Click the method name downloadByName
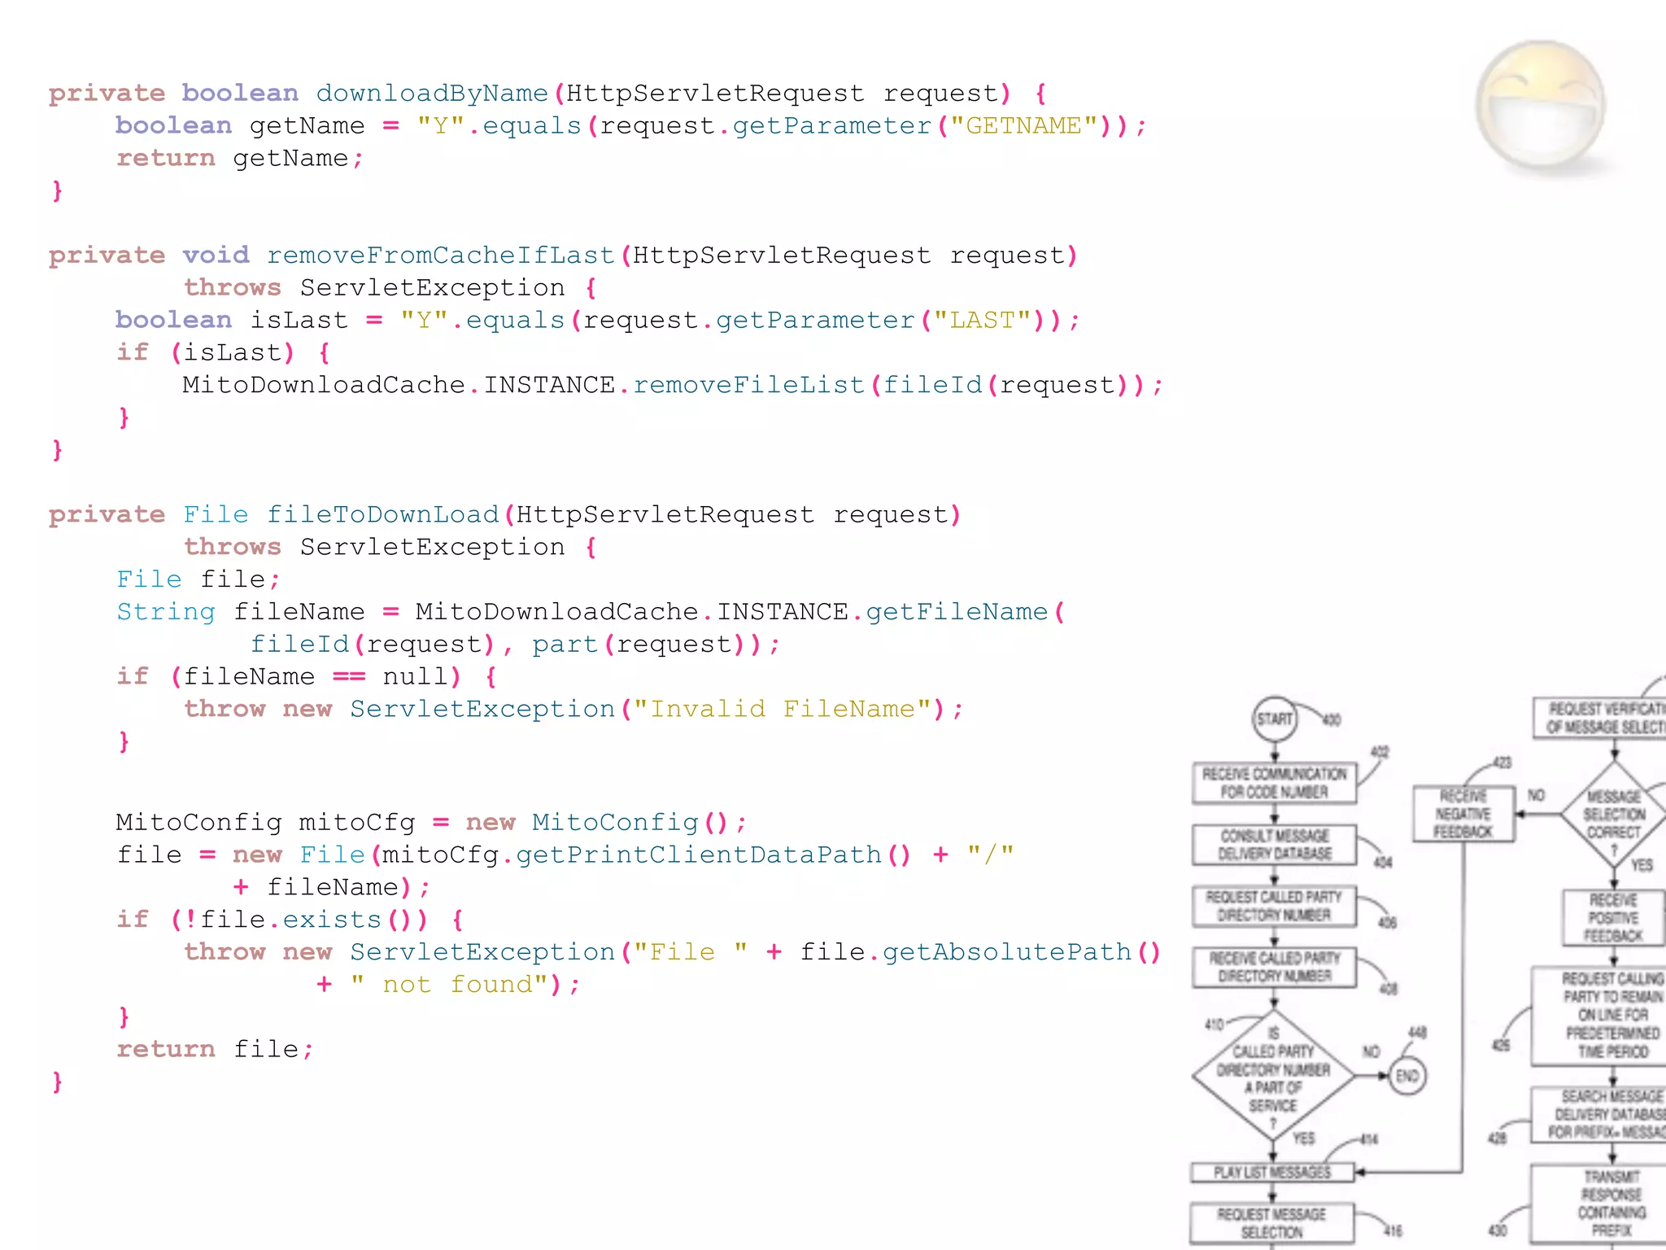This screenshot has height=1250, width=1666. (x=431, y=94)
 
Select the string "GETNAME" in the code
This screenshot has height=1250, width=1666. (x=1023, y=126)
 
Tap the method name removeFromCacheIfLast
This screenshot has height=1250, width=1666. (x=440, y=256)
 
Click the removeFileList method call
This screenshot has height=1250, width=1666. (x=748, y=385)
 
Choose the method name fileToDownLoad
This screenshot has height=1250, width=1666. (x=382, y=515)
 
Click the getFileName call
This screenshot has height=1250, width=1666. (x=957, y=612)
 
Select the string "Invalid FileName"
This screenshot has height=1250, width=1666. (x=783, y=709)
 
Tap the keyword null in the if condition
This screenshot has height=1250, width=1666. (x=415, y=676)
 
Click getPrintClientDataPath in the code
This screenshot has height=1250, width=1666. (x=699, y=854)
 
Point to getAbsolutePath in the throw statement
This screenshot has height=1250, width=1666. (x=1007, y=952)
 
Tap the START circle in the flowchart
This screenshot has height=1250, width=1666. (x=1274, y=719)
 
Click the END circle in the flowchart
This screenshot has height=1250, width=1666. (x=1407, y=1076)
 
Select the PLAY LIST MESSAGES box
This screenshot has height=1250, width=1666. (x=1272, y=1172)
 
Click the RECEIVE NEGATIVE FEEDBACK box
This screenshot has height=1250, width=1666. (x=1463, y=814)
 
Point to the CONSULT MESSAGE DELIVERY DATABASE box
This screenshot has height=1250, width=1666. (x=1274, y=845)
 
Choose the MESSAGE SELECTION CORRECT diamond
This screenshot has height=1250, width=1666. (x=1614, y=814)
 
